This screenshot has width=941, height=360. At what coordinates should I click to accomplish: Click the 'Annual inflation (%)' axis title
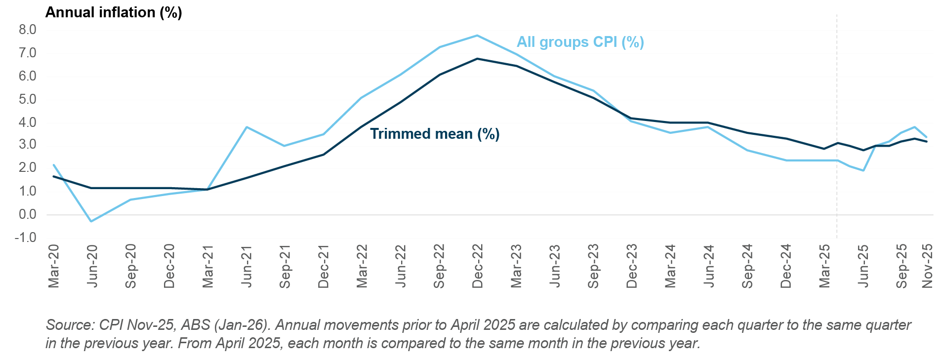(114, 12)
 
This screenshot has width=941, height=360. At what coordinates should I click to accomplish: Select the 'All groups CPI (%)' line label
(580, 42)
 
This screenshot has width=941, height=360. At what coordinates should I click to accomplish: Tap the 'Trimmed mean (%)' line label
(435, 134)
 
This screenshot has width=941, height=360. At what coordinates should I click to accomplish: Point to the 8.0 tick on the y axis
(28, 30)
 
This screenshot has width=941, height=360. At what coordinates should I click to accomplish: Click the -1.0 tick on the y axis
(26, 238)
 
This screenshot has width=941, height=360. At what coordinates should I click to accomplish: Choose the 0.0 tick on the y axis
(28, 215)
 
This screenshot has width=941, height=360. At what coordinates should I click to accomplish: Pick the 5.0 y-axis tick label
(28, 100)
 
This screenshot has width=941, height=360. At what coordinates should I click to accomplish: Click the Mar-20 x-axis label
(54, 265)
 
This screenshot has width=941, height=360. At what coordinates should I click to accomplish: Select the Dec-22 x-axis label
(478, 265)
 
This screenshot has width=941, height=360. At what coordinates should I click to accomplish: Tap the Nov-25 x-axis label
(927, 265)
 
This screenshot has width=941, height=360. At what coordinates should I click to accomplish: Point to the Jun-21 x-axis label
(246, 265)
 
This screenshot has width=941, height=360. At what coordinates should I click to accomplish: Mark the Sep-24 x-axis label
(747, 265)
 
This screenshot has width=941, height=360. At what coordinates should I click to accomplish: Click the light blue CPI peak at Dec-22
(477, 36)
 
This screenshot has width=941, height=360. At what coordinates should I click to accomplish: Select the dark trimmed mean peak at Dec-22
(477, 59)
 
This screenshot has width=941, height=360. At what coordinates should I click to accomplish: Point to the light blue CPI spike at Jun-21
(246, 127)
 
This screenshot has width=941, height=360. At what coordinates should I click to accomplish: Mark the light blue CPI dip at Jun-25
(863, 170)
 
